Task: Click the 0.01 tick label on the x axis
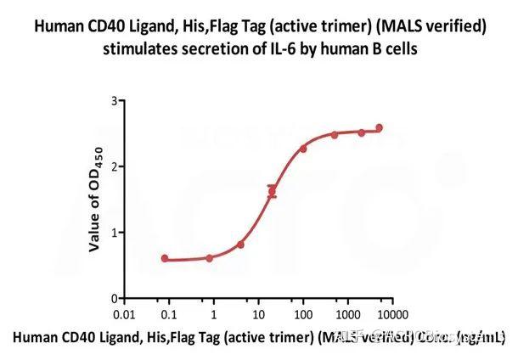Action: pyautogui.click(x=125, y=313)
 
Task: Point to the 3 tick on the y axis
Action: pyautogui.click(x=112, y=101)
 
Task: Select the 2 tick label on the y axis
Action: pyautogui.click(x=112, y=166)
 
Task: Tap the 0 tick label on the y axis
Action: pyautogui.click(x=112, y=299)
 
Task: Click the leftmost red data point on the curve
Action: pyautogui.click(x=165, y=258)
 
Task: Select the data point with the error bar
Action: pyautogui.click(x=272, y=191)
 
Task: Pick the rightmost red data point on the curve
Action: pyautogui.click(x=379, y=128)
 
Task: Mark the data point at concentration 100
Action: pyautogui.click(x=303, y=149)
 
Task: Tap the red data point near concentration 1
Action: pyautogui.click(x=209, y=257)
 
